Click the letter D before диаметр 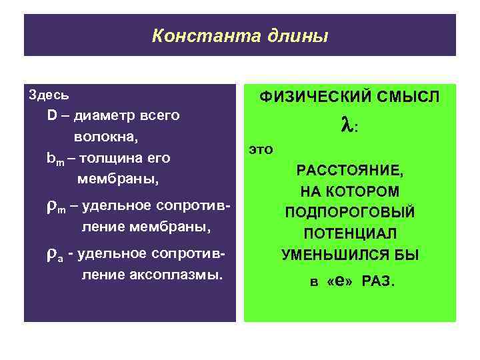click(52, 115)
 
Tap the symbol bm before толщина click(55, 159)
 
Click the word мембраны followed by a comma click(118, 180)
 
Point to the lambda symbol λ click(346, 125)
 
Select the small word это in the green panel click(261, 149)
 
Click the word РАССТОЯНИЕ click(350, 171)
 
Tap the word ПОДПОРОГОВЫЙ click(350, 213)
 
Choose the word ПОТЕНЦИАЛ click(350, 233)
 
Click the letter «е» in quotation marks click(339, 281)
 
